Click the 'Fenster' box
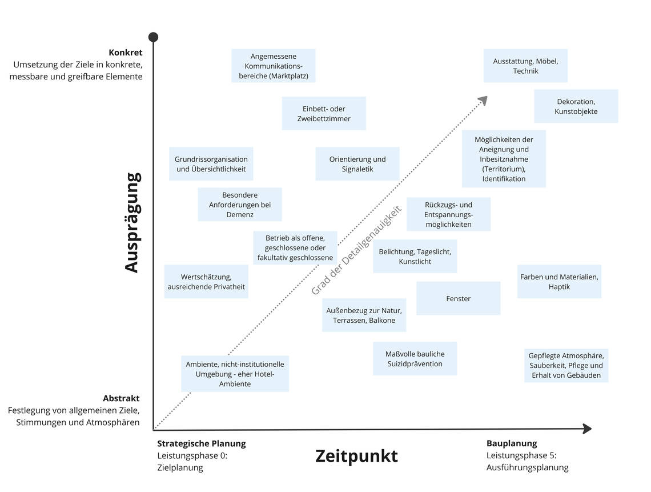[458, 298]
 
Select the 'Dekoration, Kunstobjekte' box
[576, 106]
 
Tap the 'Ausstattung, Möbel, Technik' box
[525, 66]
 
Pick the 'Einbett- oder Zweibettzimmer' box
[324, 113]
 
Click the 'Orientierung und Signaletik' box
[357, 164]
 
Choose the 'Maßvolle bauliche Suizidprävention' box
[415, 358]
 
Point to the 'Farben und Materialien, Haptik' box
[559, 281]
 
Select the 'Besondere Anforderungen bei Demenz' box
[239, 205]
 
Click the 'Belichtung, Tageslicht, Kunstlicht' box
[415, 256]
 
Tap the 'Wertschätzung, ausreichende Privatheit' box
[206, 281]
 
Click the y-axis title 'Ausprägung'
[132, 223]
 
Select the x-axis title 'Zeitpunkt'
[356, 456]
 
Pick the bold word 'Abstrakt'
[121, 398]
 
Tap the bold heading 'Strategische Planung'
[201, 443]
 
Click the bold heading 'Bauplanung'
[512, 443]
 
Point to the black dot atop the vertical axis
[153, 37]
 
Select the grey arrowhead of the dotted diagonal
[483, 101]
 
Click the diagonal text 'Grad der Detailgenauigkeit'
[356, 250]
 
